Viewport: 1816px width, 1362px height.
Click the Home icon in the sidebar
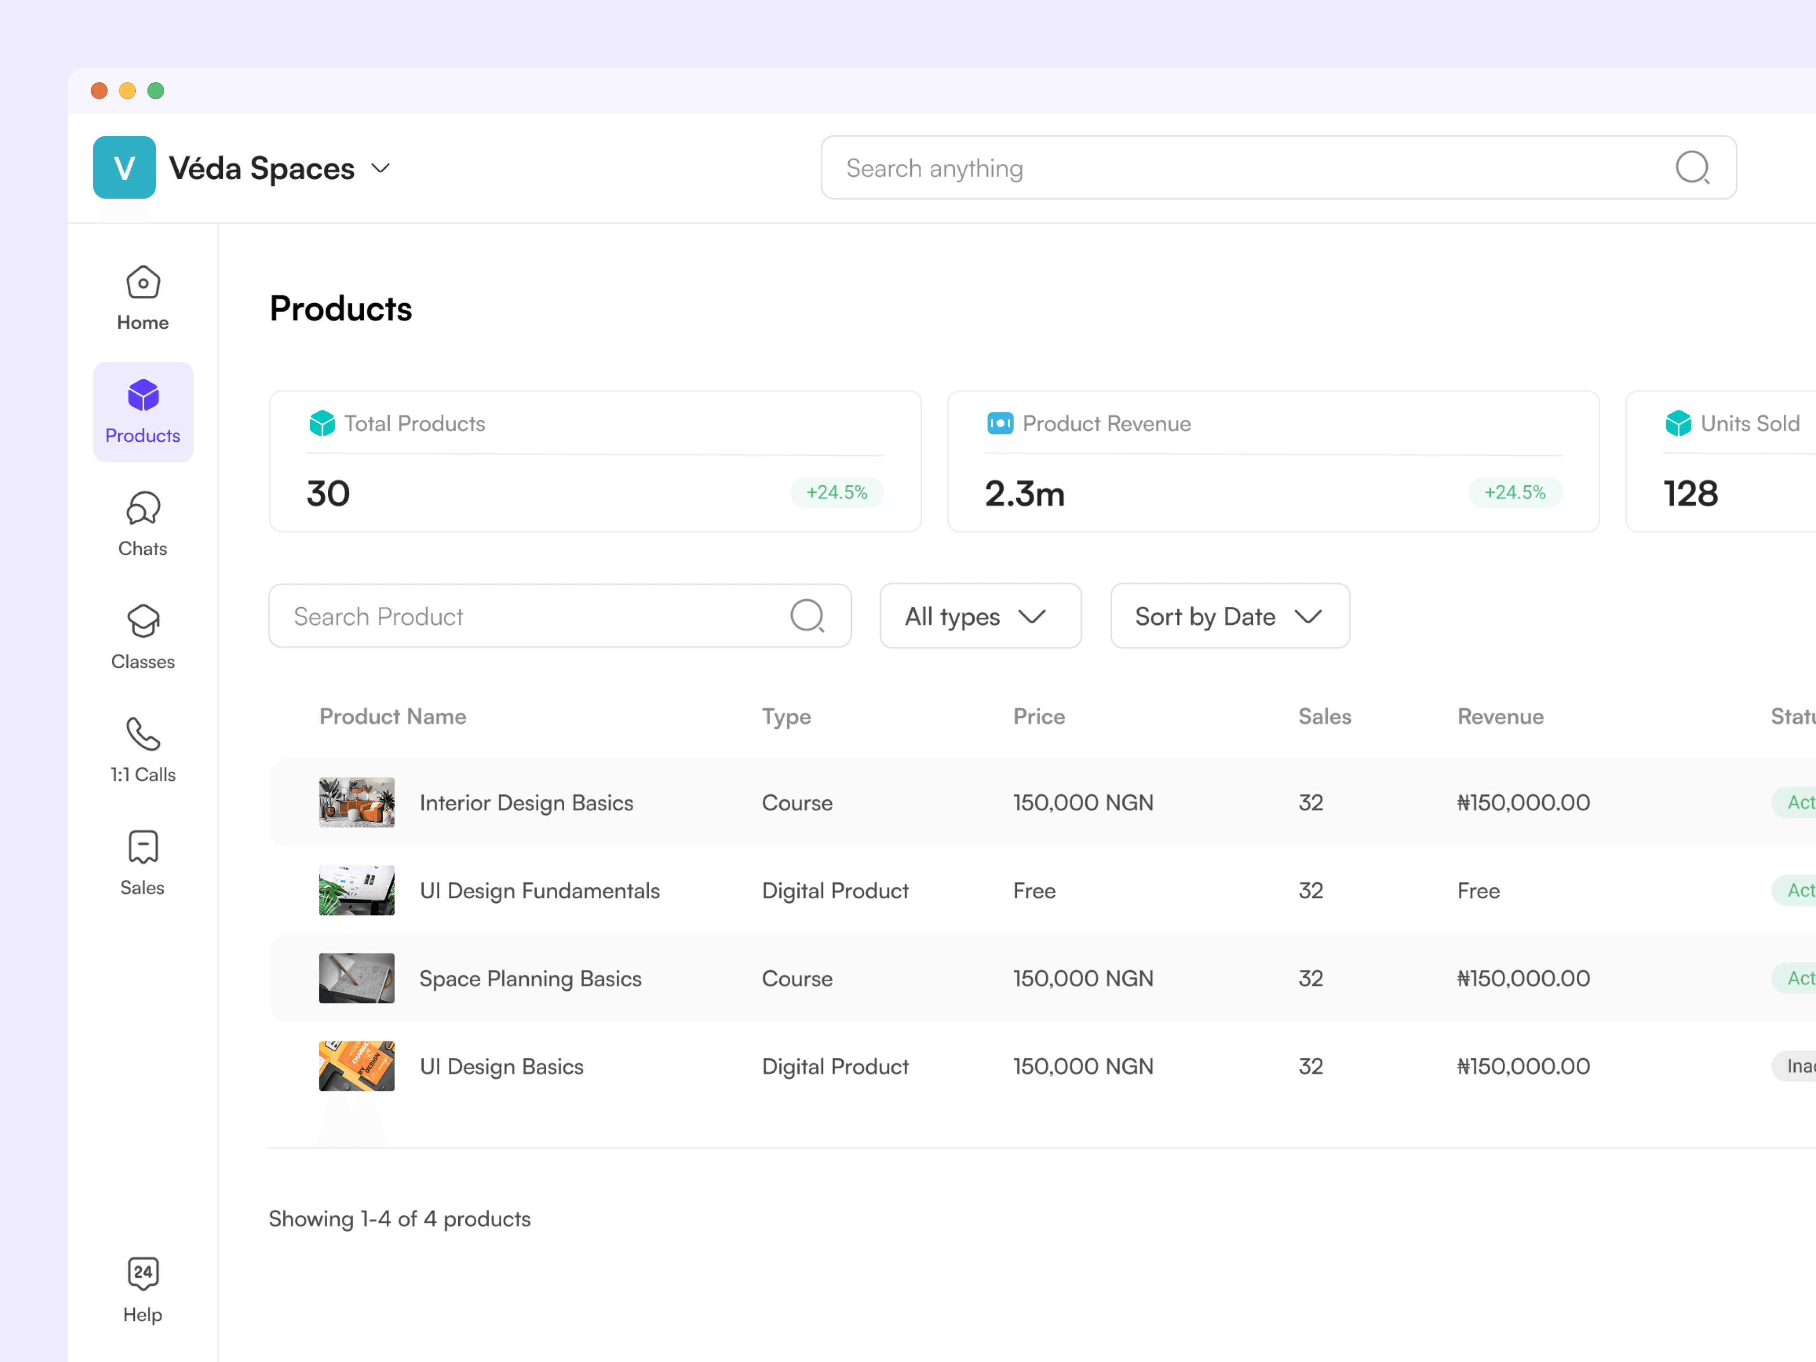click(143, 282)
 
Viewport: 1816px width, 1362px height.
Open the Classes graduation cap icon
click(143, 620)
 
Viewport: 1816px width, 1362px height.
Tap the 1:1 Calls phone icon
click(143, 734)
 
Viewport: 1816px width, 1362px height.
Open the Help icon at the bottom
click(143, 1273)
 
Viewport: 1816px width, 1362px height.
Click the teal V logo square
click(124, 167)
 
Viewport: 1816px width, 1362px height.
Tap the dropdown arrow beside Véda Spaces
click(380, 168)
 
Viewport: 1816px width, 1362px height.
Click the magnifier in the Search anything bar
click(1692, 167)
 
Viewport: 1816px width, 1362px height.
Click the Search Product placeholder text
click(378, 617)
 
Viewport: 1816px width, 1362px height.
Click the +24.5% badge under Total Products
click(837, 493)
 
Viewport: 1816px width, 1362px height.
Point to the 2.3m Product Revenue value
click(1025, 493)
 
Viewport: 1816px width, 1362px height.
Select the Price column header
click(1039, 717)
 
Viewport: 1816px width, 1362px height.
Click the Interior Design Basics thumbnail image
click(356, 802)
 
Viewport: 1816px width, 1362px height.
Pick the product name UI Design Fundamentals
click(540, 891)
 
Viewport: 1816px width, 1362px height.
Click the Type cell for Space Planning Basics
click(796, 978)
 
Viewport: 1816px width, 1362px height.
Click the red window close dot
click(99, 90)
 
